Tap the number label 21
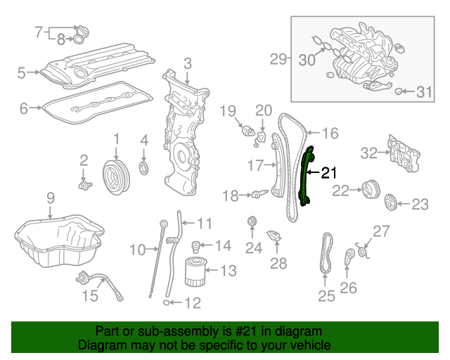[x=329, y=172]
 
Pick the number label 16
[x=330, y=131]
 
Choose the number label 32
[x=369, y=151]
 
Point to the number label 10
[x=137, y=249]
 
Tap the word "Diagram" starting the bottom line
[x=98, y=345]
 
